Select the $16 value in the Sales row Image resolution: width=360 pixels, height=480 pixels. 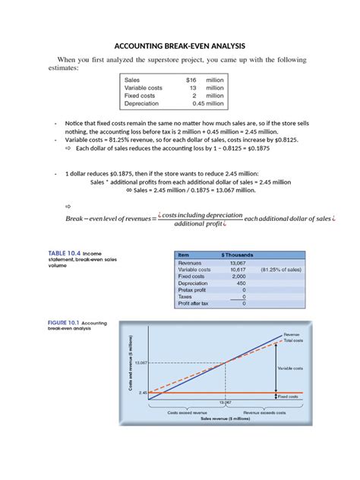pos(191,79)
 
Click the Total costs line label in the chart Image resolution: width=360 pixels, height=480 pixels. pos(295,340)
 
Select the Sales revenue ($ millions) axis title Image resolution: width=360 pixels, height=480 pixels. pos(226,418)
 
